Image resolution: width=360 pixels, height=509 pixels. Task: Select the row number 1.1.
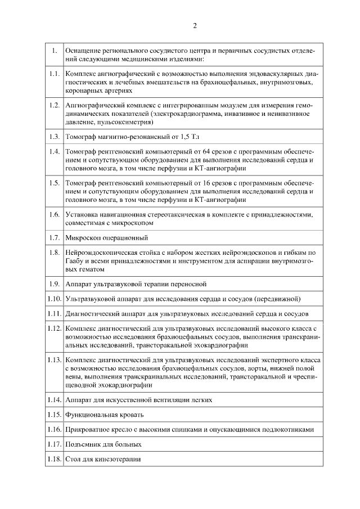point(54,74)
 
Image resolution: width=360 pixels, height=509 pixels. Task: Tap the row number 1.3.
point(54,136)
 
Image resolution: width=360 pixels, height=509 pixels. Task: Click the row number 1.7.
point(54,237)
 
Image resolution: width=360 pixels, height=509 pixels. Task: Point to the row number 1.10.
point(54,298)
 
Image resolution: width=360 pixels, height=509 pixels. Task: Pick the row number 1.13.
point(54,359)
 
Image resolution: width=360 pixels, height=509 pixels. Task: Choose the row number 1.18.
point(54,459)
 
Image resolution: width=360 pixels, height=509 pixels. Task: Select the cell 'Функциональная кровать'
point(105,415)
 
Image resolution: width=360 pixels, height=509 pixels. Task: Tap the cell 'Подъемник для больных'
point(103,444)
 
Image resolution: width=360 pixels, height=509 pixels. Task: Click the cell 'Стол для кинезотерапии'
point(103,459)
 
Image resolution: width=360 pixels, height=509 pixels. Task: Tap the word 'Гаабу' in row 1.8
point(76,262)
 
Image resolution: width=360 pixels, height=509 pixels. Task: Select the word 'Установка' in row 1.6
point(82,215)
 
